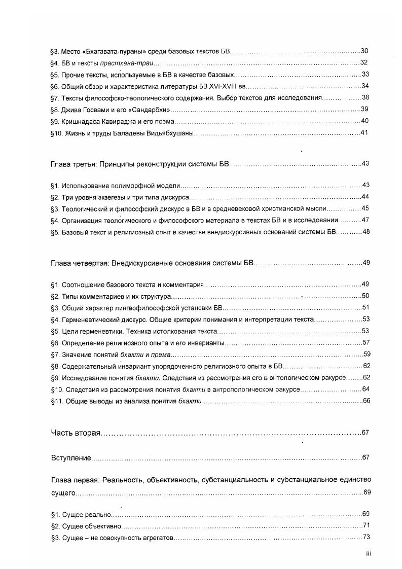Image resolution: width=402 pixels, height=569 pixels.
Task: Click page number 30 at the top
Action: [364, 51]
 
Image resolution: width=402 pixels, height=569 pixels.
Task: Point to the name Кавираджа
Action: [121, 121]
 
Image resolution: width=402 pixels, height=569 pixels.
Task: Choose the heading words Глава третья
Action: [73, 165]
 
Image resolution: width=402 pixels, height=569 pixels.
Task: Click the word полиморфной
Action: [139, 186]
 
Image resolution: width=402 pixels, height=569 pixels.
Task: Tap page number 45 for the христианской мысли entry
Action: [364, 208]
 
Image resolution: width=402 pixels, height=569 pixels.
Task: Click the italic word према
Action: [162, 354]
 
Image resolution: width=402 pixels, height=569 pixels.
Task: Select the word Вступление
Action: [71, 458]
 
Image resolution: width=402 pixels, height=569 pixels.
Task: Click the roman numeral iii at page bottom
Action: [369, 554]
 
